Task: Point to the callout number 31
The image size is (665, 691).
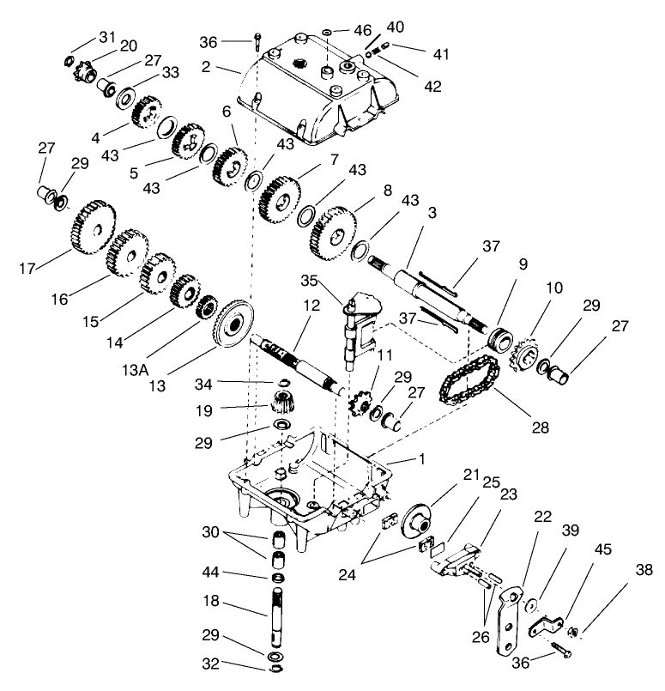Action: (106, 37)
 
